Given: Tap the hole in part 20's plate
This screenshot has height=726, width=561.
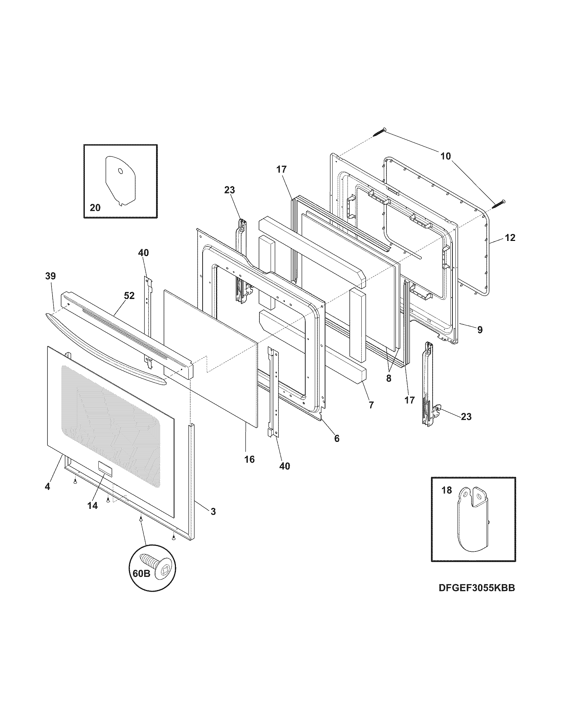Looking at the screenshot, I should tap(120, 171).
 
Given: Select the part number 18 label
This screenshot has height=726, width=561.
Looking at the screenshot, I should tap(447, 490).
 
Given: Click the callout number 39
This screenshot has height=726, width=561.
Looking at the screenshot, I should tap(51, 276).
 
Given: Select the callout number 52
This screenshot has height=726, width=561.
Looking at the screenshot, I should tap(129, 296).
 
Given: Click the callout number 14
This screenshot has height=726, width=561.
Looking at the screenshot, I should tap(93, 506).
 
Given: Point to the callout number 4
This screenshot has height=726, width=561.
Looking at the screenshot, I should tap(47, 486).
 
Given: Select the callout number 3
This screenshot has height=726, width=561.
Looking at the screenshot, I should tap(213, 511).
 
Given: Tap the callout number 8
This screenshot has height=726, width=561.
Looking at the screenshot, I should tap(389, 378).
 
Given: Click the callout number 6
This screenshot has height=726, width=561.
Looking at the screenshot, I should tap(337, 439).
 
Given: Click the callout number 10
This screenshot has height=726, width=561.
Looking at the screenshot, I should tap(446, 156).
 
